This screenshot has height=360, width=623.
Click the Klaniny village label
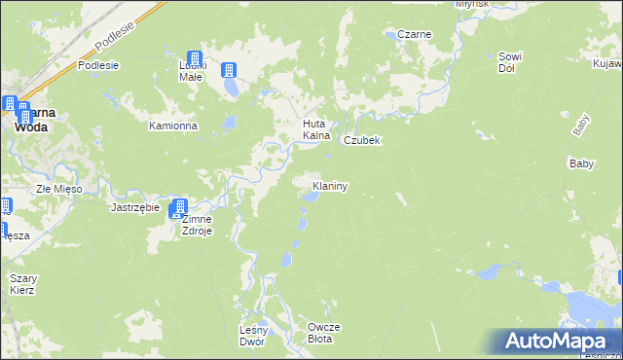[x=330, y=185]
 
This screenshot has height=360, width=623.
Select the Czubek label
[x=360, y=140]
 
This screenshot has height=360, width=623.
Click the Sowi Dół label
[x=513, y=62]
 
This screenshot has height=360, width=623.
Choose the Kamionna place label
[x=173, y=126]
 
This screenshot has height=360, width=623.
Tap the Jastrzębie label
[x=134, y=207]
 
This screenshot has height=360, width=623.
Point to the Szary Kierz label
[x=23, y=284]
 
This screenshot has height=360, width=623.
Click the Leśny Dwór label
[x=251, y=336]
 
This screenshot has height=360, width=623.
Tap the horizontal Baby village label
[x=580, y=163]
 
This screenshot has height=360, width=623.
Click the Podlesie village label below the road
[x=98, y=65]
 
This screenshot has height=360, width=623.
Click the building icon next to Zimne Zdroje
[x=178, y=208]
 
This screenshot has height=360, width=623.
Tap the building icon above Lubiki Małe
[x=194, y=59]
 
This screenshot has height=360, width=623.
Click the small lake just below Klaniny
[x=310, y=198]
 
